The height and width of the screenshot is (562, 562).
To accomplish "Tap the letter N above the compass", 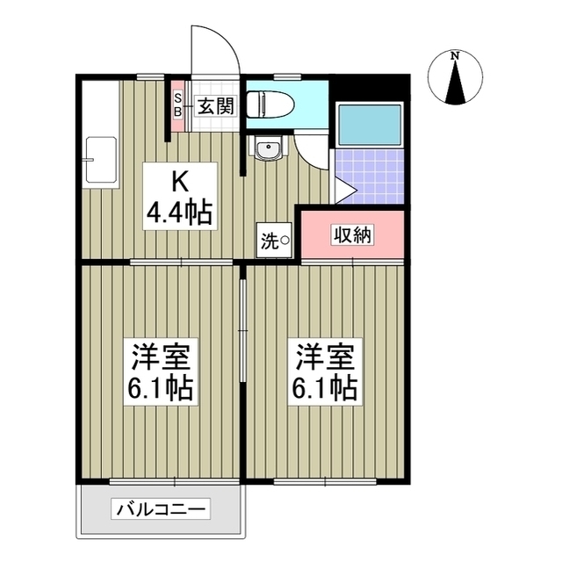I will point(455,57).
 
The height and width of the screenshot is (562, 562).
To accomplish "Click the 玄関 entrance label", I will point(213,107).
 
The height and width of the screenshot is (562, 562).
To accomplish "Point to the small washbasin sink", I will point(267,150).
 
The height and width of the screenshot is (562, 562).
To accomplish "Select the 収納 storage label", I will point(353,235).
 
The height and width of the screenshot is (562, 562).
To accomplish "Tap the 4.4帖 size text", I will point(181,212).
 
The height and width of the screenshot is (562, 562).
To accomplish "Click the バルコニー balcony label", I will point(161,508).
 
